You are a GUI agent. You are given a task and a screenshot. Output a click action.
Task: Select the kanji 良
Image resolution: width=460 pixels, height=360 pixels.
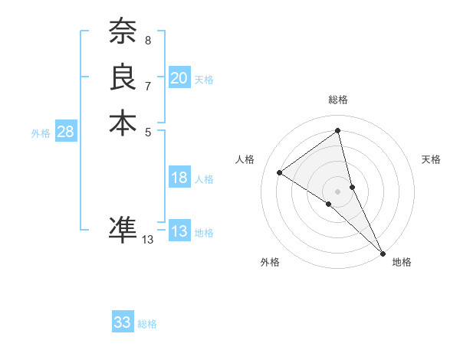(x=123, y=77)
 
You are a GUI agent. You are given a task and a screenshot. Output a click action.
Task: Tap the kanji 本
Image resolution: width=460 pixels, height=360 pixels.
(x=123, y=123)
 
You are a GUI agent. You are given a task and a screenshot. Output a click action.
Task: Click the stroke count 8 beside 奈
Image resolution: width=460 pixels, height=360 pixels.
(x=148, y=39)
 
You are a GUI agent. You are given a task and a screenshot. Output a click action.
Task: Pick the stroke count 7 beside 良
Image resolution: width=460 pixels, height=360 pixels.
(x=148, y=85)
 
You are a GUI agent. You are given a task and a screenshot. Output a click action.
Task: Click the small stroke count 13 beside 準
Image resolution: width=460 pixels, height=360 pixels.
(x=148, y=240)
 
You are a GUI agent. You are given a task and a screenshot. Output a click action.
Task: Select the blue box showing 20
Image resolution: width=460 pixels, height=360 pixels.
(x=179, y=78)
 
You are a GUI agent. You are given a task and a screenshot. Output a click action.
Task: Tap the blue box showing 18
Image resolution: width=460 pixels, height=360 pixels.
(x=179, y=178)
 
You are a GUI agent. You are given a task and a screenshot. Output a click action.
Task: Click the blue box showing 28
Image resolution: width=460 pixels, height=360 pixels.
(x=65, y=132)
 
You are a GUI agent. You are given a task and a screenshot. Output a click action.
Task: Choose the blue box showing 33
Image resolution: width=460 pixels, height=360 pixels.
(x=123, y=322)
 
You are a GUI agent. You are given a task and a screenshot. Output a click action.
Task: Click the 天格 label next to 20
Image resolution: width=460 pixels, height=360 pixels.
(x=204, y=79)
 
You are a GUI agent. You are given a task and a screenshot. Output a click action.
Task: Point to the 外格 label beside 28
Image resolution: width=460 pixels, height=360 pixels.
(x=41, y=133)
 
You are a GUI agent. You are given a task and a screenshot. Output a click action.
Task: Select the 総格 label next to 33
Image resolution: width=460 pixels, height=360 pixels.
(x=147, y=324)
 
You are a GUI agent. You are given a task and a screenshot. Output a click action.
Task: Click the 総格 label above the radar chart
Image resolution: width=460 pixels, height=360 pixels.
(x=338, y=100)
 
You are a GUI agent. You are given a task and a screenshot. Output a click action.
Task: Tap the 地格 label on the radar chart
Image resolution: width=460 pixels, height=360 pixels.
(x=402, y=262)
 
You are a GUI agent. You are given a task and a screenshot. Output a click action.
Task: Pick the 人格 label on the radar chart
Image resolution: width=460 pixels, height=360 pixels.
(x=245, y=159)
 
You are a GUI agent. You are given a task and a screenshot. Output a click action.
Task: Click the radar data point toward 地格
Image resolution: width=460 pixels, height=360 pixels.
(x=383, y=253)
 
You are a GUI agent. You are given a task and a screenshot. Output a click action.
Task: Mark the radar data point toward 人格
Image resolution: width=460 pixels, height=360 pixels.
(x=280, y=172)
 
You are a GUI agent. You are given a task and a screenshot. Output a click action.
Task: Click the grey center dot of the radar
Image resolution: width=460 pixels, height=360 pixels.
(x=338, y=191)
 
